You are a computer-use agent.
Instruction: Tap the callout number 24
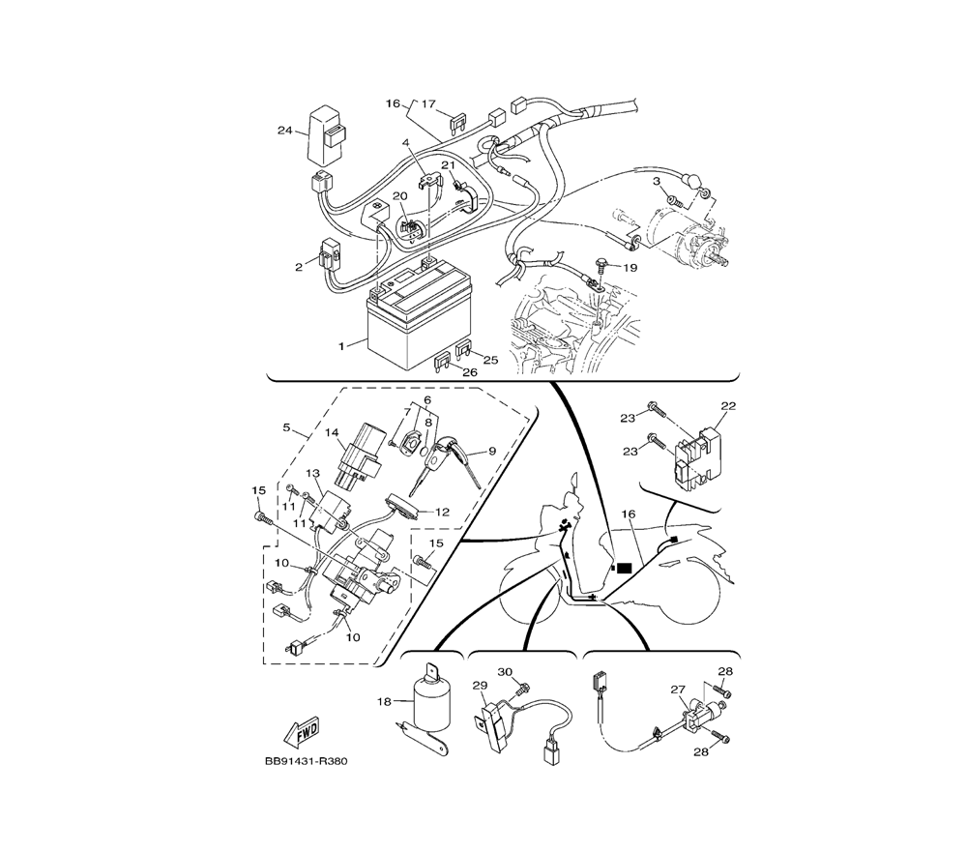[284, 131]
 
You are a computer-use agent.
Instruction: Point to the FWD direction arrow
[302, 731]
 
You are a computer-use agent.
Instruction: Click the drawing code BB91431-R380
[307, 761]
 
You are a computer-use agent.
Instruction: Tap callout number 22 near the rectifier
[728, 406]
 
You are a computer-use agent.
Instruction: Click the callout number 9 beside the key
[492, 451]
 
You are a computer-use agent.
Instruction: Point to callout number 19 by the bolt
[630, 268]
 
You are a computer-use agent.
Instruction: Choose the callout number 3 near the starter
[657, 181]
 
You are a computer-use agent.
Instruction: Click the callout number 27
[678, 690]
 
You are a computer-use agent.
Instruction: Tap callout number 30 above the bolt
[505, 671]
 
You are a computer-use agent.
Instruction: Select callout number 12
[442, 512]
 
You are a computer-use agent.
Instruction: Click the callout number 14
[333, 433]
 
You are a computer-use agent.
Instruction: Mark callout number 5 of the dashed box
[287, 427]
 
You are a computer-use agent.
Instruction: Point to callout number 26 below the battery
[470, 372]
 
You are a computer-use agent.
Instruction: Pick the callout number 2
[299, 267]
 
